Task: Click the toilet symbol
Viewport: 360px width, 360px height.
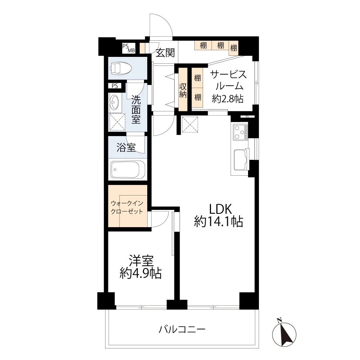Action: (x=121, y=68)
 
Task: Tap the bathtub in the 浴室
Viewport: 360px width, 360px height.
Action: (x=128, y=170)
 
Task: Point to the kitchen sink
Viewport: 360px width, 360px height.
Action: (x=240, y=160)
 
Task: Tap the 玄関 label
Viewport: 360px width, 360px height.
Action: (x=165, y=53)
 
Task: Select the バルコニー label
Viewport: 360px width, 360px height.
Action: (x=182, y=330)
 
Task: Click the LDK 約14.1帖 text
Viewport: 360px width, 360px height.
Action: (x=219, y=215)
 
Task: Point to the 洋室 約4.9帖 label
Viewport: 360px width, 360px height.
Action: (x=141, y=267)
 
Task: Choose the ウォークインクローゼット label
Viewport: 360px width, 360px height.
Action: (x=127, y=207)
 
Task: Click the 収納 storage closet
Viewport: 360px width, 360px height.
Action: (x=183, y=89)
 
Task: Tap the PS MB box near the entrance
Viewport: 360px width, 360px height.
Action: (x=129, y=48)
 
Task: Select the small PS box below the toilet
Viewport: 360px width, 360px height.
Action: (x=114, y=86)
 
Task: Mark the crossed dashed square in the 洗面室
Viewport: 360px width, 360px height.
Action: (x=117, y=122)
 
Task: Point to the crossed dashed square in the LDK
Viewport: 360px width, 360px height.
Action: (x=190, y=125)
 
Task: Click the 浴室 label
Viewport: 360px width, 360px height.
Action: (x=126, y=147)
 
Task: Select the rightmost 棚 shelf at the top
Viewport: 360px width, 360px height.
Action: (x=234, y=48)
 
